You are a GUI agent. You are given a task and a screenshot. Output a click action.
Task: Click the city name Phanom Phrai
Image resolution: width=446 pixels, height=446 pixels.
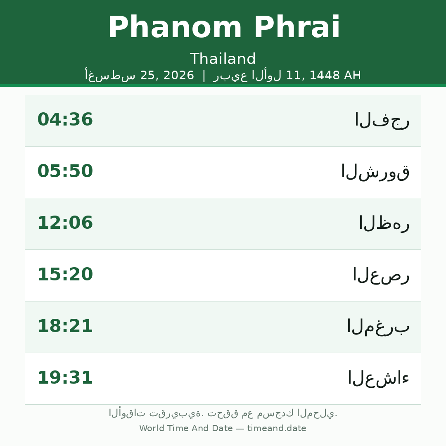(x=224, y=27)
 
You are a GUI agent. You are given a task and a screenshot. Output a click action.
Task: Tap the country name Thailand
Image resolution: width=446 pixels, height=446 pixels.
(x=223, y=59)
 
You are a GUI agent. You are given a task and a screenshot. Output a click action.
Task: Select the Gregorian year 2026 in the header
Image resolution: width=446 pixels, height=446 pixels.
(x=179, y=76)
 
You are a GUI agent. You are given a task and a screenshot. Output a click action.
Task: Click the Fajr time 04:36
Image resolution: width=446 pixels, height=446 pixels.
(x=65, y=119)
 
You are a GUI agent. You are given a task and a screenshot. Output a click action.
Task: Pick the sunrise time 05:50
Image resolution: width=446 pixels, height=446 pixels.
(x=65, y=171)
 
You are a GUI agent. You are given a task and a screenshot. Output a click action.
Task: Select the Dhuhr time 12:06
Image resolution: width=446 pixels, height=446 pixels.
(x=65, y=223)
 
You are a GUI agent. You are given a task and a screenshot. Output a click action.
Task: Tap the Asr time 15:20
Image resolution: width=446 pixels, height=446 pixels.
(x=65, y=274)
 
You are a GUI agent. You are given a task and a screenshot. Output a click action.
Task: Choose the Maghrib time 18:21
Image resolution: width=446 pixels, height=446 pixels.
(x=65, y=326)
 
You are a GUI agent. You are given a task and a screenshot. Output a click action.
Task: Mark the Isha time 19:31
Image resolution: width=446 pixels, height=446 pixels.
(x=65, y=377)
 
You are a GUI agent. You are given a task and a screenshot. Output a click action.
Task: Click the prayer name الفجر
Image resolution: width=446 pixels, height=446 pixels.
(x=382, y=121)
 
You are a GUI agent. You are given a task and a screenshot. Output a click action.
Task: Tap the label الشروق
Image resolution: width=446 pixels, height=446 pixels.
(x=375, y=172)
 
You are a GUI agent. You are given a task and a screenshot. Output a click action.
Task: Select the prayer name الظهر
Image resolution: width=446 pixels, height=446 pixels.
(x=384, y=223)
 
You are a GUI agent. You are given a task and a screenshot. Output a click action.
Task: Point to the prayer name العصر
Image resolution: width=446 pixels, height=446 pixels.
(x=381, y=275)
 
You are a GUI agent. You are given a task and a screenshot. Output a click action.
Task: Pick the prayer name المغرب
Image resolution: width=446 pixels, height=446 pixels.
(x=378, y=327)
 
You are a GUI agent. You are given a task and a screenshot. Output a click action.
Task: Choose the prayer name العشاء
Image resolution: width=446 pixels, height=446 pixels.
(x=379, y=378)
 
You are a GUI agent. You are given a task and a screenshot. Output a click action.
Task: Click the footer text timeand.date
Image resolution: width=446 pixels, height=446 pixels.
(x=277, y=428)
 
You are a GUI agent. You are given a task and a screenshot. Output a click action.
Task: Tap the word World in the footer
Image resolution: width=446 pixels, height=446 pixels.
(x=152, y=428)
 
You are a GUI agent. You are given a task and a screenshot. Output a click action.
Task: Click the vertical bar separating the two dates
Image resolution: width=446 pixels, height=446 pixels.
(x=204, y=76)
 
